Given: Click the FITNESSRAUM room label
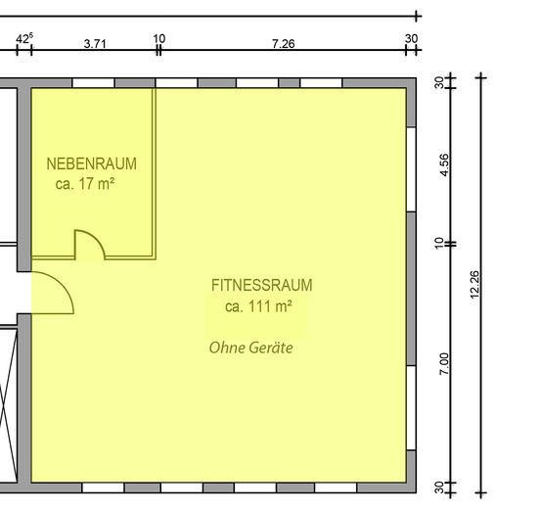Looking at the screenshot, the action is click(262, 286).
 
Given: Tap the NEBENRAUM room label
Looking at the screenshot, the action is click(92, 163).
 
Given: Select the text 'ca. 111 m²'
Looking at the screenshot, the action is click(258, 306).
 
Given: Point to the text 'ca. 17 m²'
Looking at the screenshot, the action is click(85, 183).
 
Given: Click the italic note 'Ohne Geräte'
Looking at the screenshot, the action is click(251, 347).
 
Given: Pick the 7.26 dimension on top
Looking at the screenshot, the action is click(284, 44).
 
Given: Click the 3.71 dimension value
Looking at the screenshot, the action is click(95, 44).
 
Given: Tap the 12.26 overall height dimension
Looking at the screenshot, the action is click(474, 285).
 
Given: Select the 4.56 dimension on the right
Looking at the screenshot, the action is click(444, 165).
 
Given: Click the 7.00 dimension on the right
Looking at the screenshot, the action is click(444, 363).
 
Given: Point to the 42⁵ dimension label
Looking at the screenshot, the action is click(24, 38).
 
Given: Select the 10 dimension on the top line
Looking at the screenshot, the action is click(159, 38).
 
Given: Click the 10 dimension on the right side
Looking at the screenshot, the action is click(438, 244).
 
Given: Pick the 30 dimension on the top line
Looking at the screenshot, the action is click(411, 38).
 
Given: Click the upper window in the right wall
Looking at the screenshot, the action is click(411, 169).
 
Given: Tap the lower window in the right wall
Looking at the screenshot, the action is click(411, 407).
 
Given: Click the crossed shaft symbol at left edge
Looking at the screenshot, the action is click(8, 405).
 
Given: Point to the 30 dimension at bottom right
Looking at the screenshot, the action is click(439, 487).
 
